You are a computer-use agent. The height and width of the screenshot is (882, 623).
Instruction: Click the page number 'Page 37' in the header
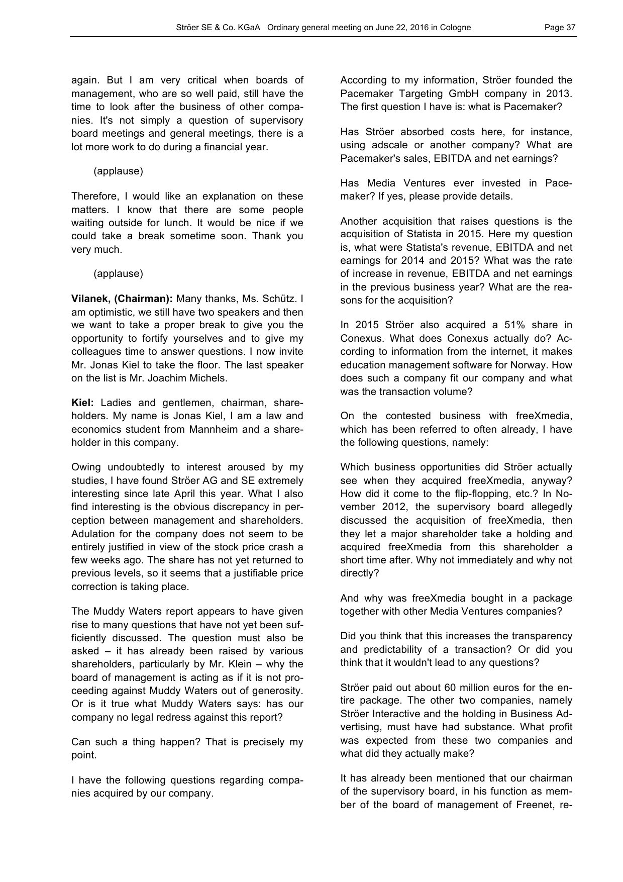point(560,28)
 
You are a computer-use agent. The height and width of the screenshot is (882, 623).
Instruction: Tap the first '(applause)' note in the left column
point(118,171)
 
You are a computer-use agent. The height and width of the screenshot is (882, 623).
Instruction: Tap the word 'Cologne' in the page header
point(454,28)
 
